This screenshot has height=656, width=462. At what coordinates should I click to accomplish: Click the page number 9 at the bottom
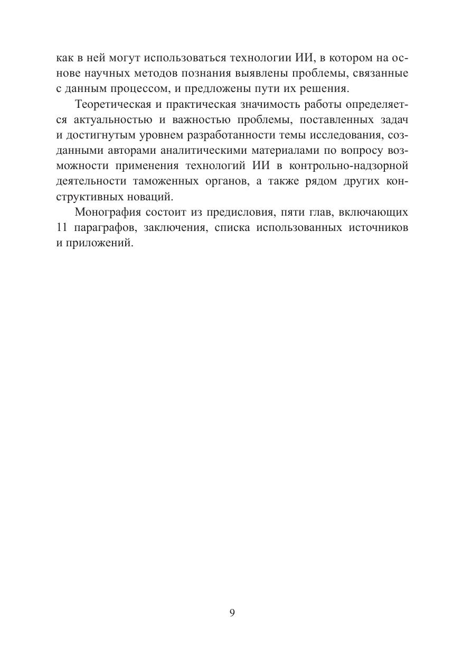click(232, 613)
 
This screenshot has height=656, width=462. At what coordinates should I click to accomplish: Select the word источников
click(378, 228)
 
